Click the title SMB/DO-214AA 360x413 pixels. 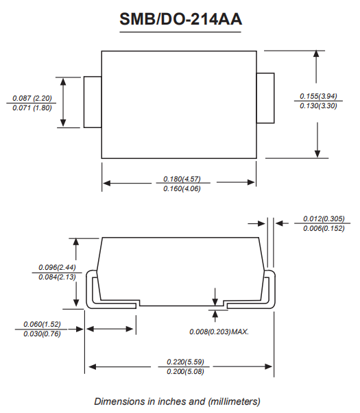180,19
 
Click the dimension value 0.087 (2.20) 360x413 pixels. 32,98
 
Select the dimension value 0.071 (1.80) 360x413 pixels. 32,108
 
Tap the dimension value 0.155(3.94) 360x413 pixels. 318,96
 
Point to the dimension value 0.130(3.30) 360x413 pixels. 318,106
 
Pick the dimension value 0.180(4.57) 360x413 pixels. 182,179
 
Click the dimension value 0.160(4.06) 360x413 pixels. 182,188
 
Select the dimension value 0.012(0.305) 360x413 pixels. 324,218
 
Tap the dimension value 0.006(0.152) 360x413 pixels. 324,228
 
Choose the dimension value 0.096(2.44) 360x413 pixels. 57,267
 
